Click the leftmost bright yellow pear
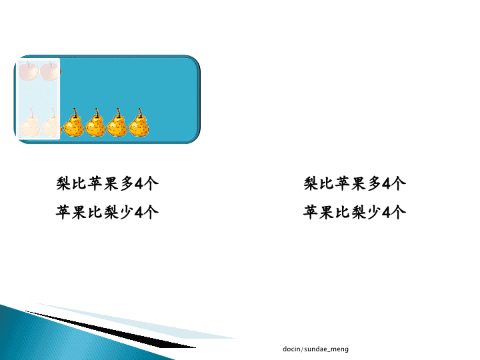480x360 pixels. coord(73,123)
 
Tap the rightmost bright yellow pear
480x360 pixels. coord(139,123)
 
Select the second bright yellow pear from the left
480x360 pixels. coord(95,123)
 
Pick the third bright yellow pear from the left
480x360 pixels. coord(117,123)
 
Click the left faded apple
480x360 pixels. coord(29,71)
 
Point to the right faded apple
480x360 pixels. coord(51,71)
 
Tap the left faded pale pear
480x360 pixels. coord(30,123)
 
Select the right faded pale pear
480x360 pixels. coord(51,123)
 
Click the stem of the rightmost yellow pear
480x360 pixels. coord(140,113)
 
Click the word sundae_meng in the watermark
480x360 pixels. coord(326,349)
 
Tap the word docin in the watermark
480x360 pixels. coord(291,349)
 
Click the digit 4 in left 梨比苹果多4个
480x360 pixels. coord(139,184)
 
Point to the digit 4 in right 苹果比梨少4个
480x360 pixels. coord(386,213)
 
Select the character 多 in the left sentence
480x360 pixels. coord(127,184)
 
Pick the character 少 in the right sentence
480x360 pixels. coord(374,212)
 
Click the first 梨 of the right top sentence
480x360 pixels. coord(311,184)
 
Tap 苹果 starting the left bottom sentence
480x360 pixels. coord(71,212)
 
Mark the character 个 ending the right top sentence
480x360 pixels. coord(398,184)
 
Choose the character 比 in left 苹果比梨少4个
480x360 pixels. coord(95,212)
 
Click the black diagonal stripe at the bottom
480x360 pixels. coord(110,330)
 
